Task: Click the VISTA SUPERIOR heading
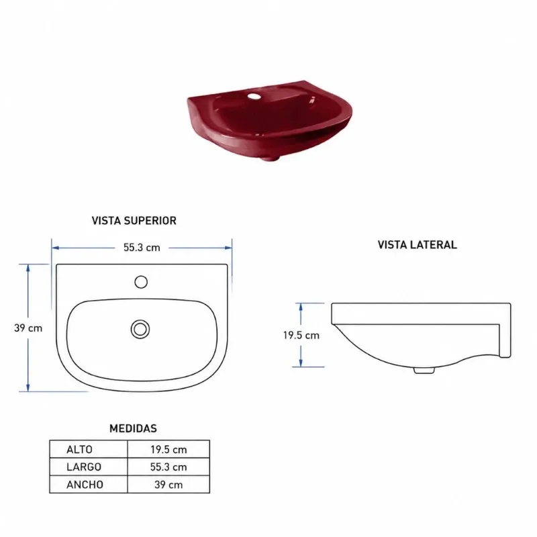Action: pos(134,221)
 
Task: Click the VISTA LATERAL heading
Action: pos(417,244)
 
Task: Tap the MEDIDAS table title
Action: pos(133,428)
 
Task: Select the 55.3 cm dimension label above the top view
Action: pos(142,248)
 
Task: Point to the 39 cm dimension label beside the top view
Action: pos(28,328)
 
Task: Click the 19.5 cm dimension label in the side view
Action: pos(301,335)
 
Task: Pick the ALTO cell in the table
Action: pos(79,449)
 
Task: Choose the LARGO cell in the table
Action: pos(84,467)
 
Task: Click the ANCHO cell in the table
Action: pos(85,485)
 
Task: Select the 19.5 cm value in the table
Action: pos(169,449)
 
